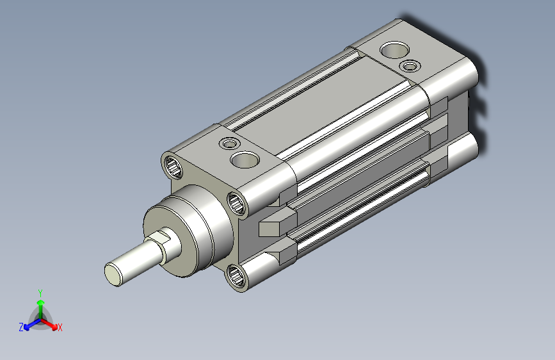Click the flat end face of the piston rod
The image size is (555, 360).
pyautogui.click(x=113, y=275)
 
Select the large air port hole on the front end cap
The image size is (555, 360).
pyautogui.click(x=245, y=160)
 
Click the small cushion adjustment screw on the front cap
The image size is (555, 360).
pyautogui.click(x=229, y=144)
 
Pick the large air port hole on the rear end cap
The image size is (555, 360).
pyautogui.click(x=395, y=50)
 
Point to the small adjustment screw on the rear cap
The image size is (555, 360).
pyautogui.click(x=410, y=66)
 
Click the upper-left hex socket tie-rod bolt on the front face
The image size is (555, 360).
pyautogui.click(x=173, y=167)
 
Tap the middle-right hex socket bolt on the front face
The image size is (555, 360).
pyautogui.click(x=236, y=203)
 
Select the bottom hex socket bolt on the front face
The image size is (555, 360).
pyautogui.click(x=236, y=276)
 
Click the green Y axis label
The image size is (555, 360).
pyautogui.click(x=40, y=293)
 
